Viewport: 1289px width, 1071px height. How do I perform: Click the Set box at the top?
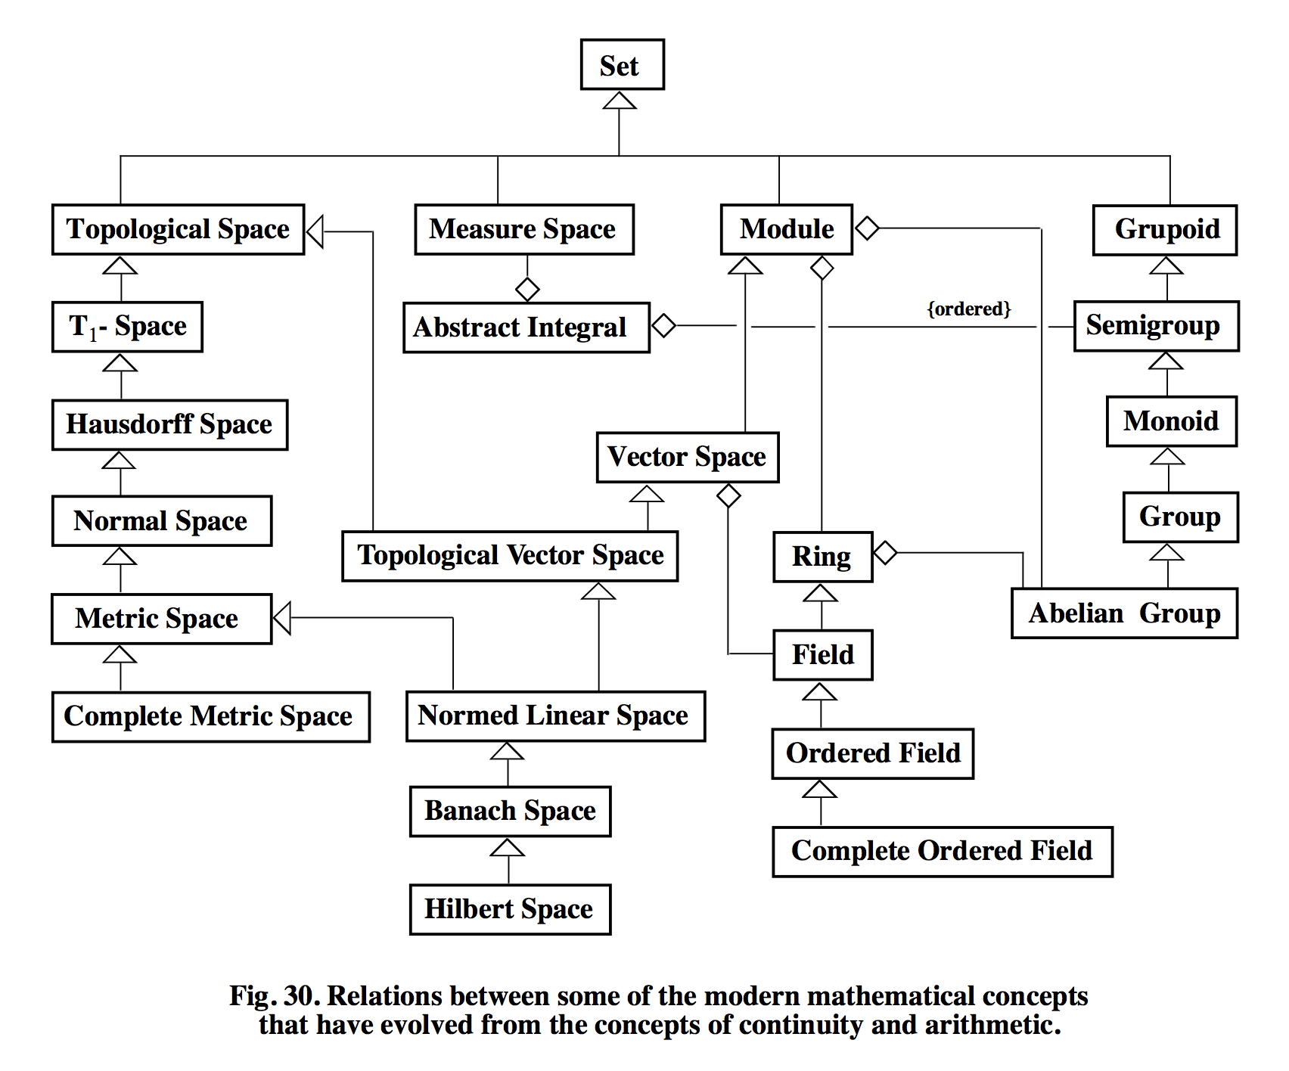pyautogui.click(x=622, y=65)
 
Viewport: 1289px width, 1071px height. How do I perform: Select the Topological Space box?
pyautogui.click(x=178, y=229)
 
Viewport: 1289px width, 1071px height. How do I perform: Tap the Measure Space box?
pyautogui.click(x=523, y=229)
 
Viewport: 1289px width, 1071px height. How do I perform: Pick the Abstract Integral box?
pyautogui.click(x=526, y=328)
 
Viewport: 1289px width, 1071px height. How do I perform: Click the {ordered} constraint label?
pyautogui.click(x=969, y=309)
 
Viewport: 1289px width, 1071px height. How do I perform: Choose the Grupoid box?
pyautogui.click(x=1165, y=229)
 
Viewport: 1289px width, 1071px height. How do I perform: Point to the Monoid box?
pyautogui.click(x=1171, y=421)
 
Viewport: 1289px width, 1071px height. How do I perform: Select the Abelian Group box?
pyautogui.click(x=1124, y=613)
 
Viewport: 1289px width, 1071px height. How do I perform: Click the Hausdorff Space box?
pyautogui.click(x=169, y=424)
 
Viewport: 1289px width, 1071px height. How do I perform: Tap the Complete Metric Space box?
pyautogui.click(x=210, y=716)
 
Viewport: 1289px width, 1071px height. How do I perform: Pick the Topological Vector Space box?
pyautogui.click(x=510, y=556)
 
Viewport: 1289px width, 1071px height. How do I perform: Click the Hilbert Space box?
pyautogui.click(x=510, y=909)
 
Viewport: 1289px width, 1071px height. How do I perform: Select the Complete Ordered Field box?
pyautogui.click(x=942, y=852)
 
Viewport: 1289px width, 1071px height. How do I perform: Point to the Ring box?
pyautogui.click(x=822, y=557)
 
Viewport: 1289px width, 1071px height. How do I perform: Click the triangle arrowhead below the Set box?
pyautogui.click(x=620, y=101)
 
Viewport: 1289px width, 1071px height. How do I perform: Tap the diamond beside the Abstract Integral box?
pyautogui.click(x=663, y=326)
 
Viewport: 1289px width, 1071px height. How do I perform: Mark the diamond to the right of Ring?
pyautogui.click(x=885, y=553)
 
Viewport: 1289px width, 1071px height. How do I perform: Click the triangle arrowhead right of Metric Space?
pyautogui.click(x=282, y=618)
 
